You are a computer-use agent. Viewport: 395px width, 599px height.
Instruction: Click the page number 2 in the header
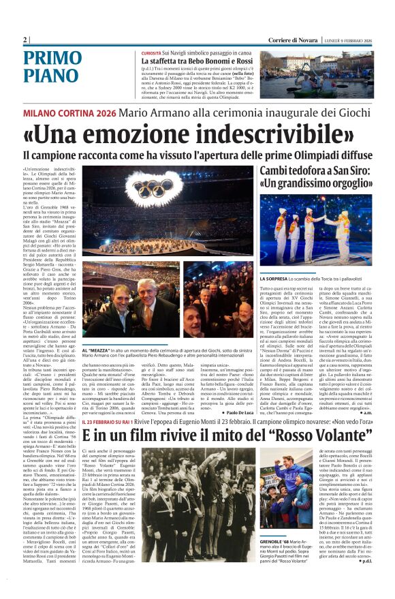click(25, 40)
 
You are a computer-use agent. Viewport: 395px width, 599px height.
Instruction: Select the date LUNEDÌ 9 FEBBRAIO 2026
click(357, 40)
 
